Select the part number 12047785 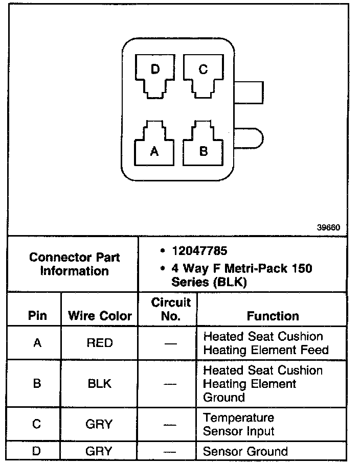(x=200, y=251)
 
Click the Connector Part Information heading (x=74, y=264)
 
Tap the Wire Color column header (x=100, y=316)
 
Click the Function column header (x=273, y=316)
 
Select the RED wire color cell (x=100, y=343)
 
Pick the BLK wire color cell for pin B (x=100, y=383)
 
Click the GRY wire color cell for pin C (x=100, y=424)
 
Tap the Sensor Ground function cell (x=245, y=452)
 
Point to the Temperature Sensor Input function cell (x=239, y=424)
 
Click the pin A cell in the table (x=37, y=343)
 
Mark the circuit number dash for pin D (x=171, y=452)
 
